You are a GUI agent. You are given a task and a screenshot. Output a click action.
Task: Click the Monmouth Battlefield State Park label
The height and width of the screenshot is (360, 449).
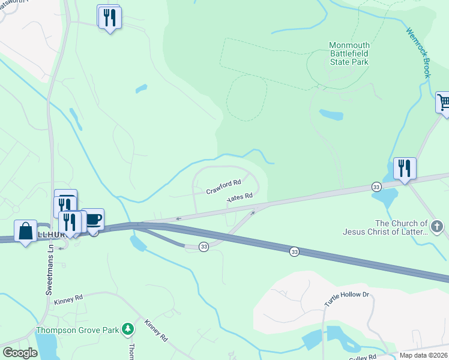[349, 53]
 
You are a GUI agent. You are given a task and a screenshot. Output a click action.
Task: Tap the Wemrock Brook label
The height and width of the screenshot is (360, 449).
[418, 53]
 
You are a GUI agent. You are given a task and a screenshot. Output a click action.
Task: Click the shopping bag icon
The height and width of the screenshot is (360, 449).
[26, 232]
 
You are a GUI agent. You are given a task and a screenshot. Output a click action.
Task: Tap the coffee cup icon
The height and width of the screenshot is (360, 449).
[92, 219]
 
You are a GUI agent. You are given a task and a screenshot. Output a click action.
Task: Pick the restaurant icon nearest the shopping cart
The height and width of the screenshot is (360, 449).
[405, 169]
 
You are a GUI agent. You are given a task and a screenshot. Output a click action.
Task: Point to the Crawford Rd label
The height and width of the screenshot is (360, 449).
[223, 186]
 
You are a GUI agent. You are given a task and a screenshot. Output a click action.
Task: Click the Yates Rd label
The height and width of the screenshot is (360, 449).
[240, 199]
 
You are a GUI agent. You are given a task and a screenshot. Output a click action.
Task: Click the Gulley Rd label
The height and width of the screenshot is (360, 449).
[364, 356]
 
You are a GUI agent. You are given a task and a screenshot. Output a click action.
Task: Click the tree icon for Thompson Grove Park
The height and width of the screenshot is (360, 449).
[127, 329]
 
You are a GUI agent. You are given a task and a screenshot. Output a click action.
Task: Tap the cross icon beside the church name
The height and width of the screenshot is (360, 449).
[437, 227]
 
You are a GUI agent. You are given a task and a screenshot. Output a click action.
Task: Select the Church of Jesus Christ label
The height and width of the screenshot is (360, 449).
[385, 227]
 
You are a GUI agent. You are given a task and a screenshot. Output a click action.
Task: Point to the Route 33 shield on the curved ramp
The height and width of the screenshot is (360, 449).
[204, 247]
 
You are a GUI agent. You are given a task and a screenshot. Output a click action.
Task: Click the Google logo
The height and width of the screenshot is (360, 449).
[20, 352]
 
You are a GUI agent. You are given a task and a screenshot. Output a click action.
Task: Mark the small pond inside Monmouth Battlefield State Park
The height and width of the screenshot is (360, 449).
[331, 114]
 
